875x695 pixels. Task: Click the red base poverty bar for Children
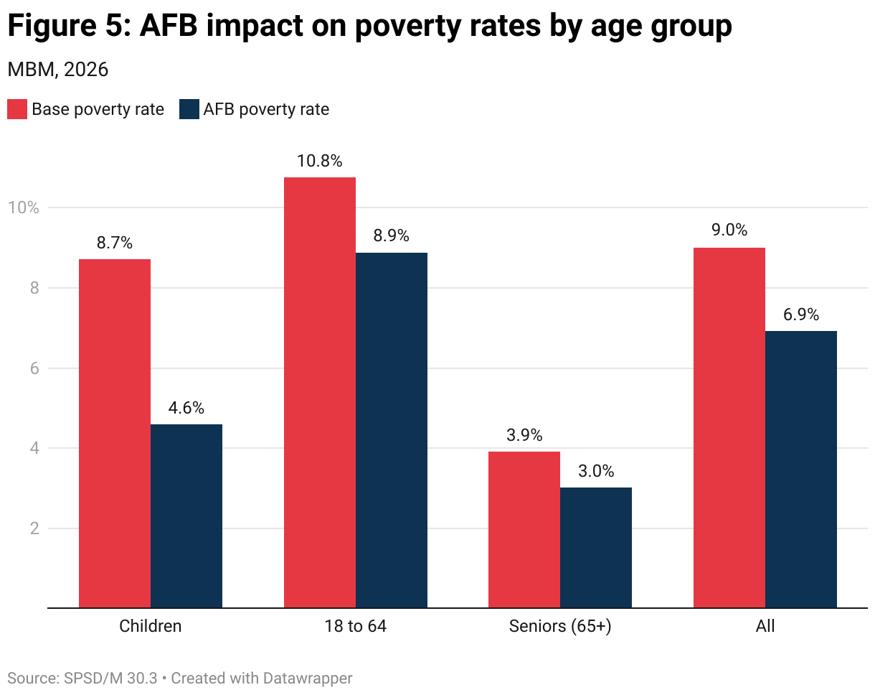(x=115, y=433)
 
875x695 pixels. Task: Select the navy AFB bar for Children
(x=186, y=516)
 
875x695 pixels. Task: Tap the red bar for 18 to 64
(x=320, y=392)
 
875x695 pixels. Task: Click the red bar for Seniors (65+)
(x=524, y=529)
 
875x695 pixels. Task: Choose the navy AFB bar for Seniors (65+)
(x=596, y=547)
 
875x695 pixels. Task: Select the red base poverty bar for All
(x=729, y=427)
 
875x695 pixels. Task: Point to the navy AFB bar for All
(x=801, y=469)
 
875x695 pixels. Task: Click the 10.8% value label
(x=320, y=161)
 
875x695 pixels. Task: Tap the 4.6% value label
(x=186, y=408)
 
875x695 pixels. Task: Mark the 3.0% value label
(x=596, y=471)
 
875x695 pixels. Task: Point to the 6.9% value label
(x=801, y=314)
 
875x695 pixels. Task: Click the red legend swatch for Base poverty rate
(x=17, y=109)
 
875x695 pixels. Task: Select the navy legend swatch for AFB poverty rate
(x=189, y=109)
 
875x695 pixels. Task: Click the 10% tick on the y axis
(x=23, y=207)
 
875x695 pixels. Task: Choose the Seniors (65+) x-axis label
(x=560, y=626)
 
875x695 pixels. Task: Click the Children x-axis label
(x=151, y=626)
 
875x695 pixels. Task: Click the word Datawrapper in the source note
(x=307, y=678)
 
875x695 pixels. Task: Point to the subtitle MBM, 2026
(x=57, y=70)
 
